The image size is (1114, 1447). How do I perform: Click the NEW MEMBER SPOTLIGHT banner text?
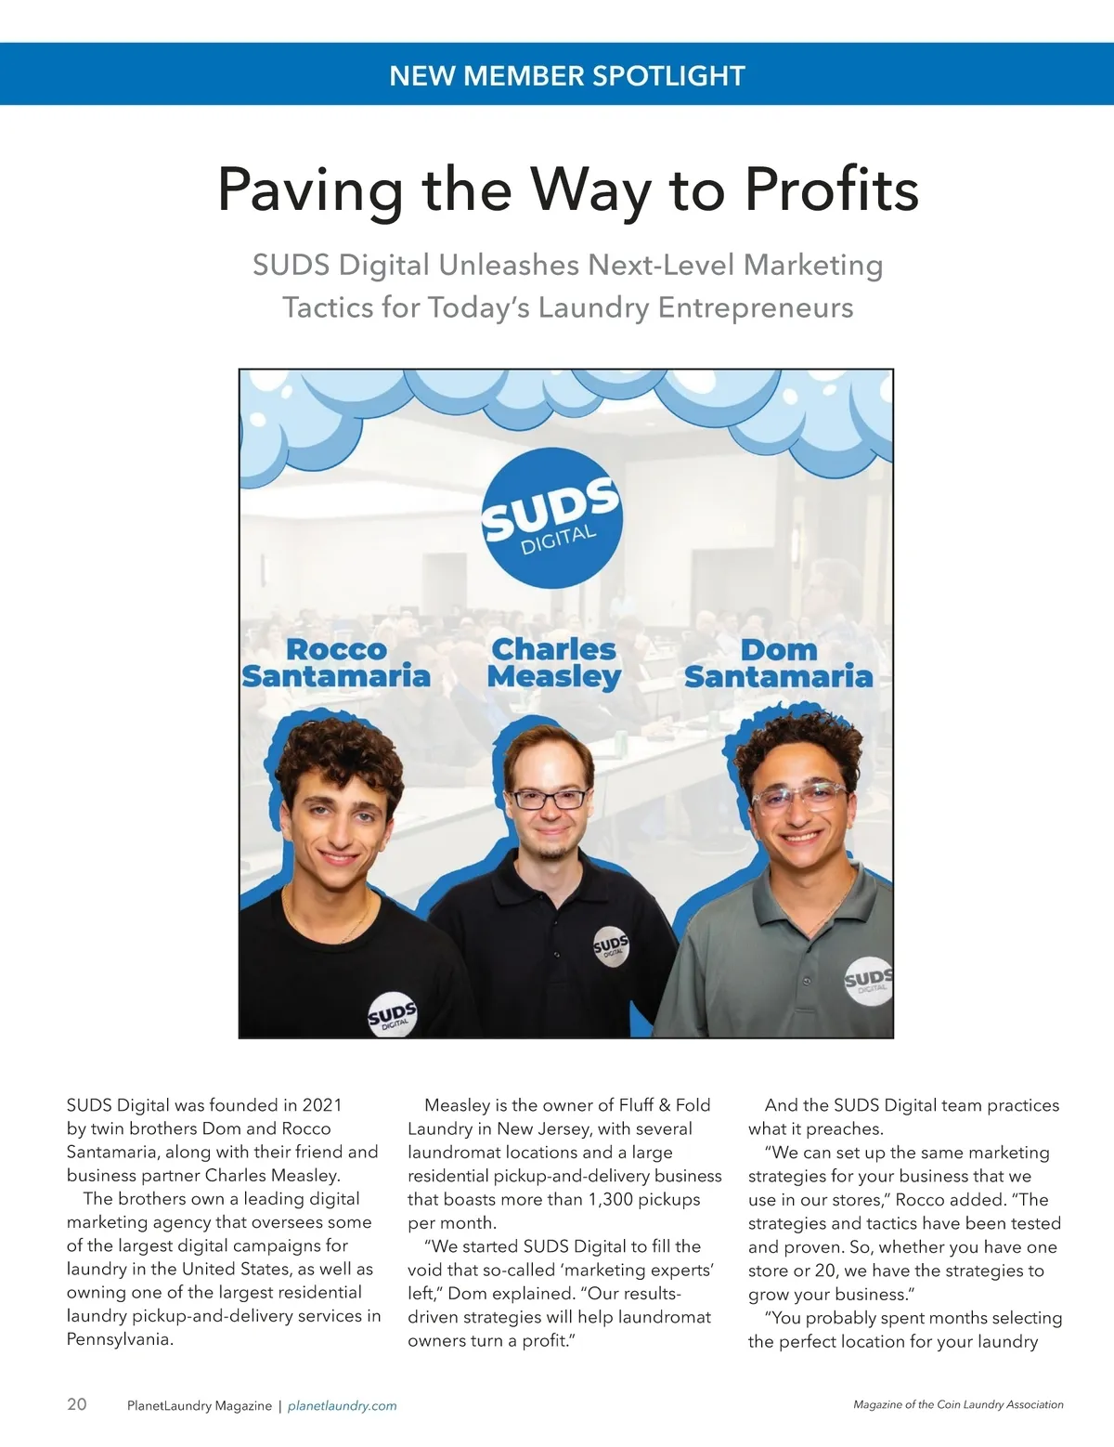(567, 75)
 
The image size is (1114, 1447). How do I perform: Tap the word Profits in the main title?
(831, 189)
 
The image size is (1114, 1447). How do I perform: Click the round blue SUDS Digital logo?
(551, 519)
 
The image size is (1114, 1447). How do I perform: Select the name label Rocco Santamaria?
(336, 663)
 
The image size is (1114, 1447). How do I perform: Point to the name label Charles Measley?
(554, 663)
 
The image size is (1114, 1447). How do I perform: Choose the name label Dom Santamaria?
(778, 663)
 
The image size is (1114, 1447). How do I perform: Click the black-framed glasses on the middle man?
(551, 798)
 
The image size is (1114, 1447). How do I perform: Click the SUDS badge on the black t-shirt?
(392, 1016)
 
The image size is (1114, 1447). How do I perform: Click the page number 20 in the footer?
(77, 1404)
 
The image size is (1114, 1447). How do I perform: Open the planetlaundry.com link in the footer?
(342, 1406)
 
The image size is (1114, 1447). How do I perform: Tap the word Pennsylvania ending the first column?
(120, 1339)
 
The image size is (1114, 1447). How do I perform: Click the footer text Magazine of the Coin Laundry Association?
(958, 1404)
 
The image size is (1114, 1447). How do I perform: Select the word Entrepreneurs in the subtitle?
(755, 307)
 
